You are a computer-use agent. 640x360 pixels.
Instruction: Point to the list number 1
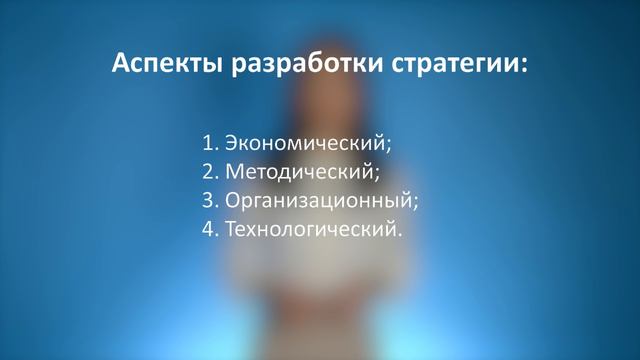[207, 141]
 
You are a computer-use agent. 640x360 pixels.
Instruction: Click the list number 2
[207, 171]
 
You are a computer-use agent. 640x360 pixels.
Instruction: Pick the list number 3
[207, 200]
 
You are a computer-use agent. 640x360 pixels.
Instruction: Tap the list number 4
[207, 229]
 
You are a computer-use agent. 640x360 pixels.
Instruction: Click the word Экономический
[306, 142]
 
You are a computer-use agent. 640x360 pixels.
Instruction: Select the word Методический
[300, 171]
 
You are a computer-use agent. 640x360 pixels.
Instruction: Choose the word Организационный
[318, 200]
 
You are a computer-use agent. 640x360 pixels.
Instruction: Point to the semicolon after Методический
[378, 173]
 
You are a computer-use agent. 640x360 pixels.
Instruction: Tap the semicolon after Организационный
[415, 202]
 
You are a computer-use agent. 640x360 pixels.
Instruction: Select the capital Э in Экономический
[232, 141]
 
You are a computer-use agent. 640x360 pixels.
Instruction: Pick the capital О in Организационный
[233, 199]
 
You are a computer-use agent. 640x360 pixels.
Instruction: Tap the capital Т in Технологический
[231, 229]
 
